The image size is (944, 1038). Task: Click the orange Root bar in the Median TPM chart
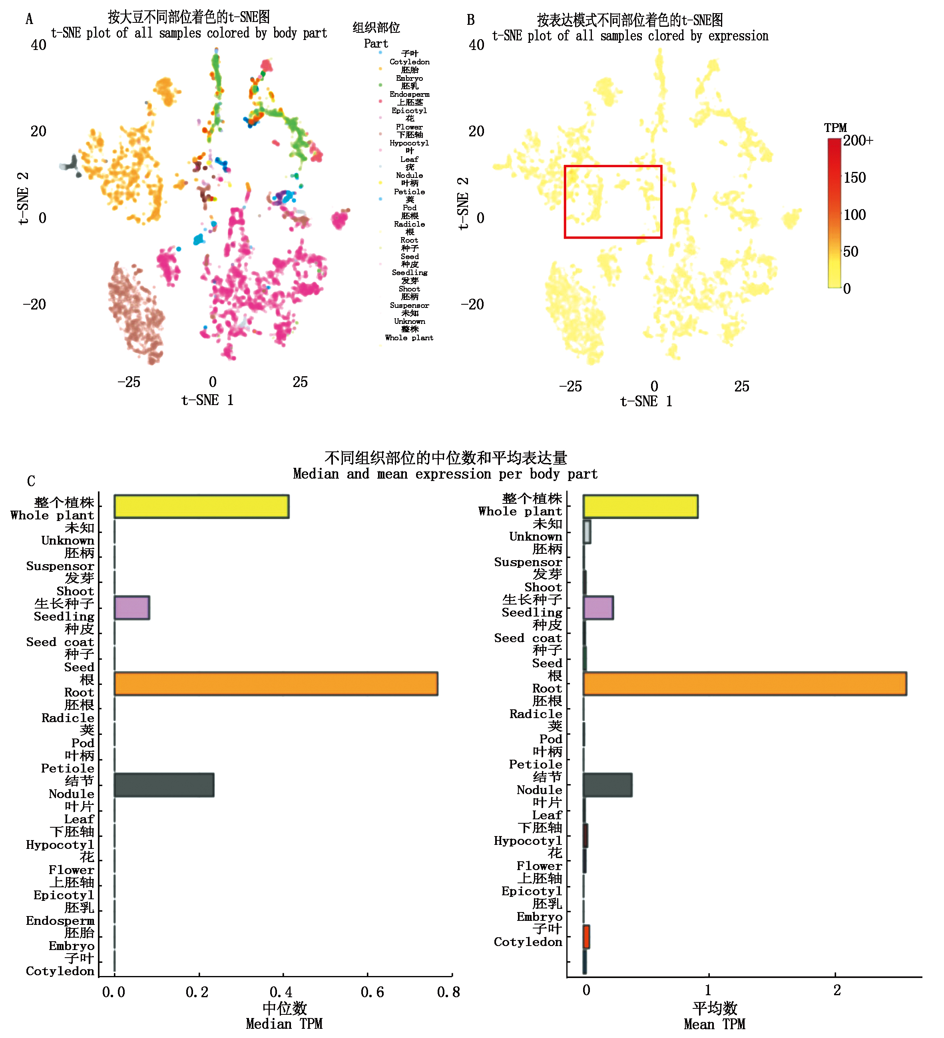pyautogui.click(x=275, y=683)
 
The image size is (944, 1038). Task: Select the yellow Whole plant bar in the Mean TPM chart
pyautogui.click(x=640, y=506)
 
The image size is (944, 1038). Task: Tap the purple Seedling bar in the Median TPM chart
pyautogui.click(x=132, y=607)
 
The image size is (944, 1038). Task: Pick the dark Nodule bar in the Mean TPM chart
pyautogui.click(x=607, y=784)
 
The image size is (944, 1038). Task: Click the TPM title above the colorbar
pyautogui.click(x=835, y=128)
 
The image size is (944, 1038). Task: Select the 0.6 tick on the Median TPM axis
pyautogui.click(x=372, y=992)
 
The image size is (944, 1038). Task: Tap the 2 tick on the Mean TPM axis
pyautogui.click(x=837, y=990)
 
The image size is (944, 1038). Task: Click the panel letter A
pyautogui.click(x=29, y=20)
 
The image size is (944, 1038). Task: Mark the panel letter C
pyautogui.click(x=31, y=481)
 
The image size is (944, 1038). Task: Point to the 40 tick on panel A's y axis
pyautogui.click(x=39, y=45)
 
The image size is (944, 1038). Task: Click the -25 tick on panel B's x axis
pyautogui.click(x=570, y=386)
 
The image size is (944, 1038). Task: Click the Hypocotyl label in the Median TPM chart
pyautogui.click(x=60, y=844)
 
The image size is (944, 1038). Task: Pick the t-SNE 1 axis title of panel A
pyautogui.click(x=207, y=400)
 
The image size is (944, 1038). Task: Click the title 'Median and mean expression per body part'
pyautogui.click(x=445, y=474)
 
